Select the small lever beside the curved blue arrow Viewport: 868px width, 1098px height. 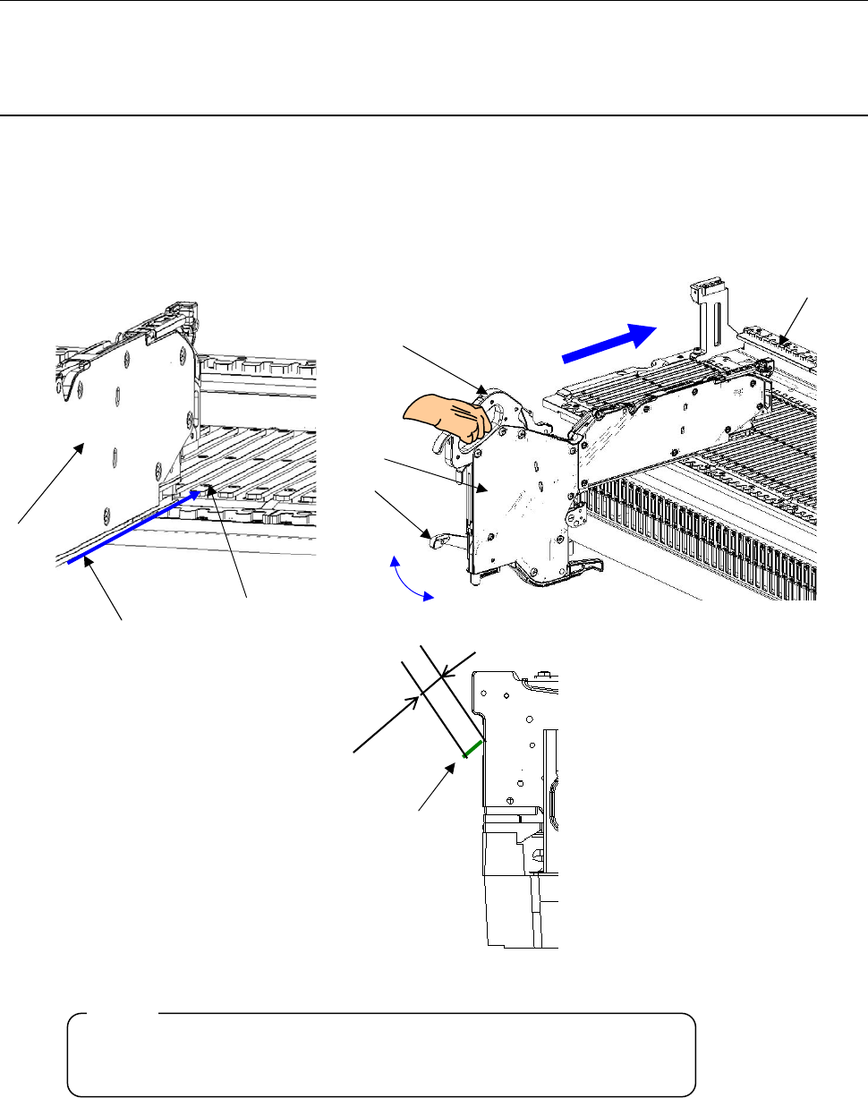[x=436, y=539]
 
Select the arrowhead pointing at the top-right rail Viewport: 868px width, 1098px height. [x=785, y=340]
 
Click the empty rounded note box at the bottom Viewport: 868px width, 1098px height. [x=382, y=1054]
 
